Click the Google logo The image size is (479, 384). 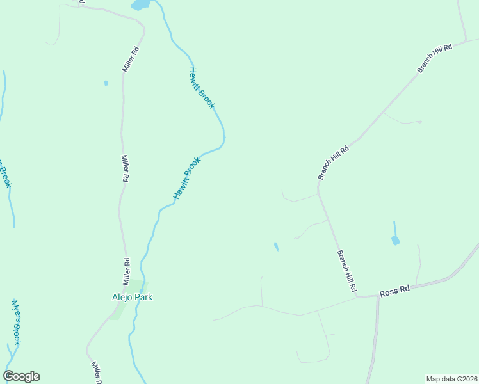point(21,376)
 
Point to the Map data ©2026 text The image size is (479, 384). point(451,379)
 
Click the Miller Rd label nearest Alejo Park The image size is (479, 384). point(127,271)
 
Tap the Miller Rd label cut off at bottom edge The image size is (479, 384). point(97,372)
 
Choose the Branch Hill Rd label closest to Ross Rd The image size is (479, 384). point(346,272)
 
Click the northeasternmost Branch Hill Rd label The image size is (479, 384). point(435,58)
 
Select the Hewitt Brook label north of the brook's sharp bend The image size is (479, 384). point(201,88)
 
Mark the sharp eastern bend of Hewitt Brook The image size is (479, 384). point(223,137)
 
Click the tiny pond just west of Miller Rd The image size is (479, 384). point(106,83)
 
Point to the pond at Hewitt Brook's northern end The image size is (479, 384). point(140,5)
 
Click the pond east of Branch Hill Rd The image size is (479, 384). point(395,241)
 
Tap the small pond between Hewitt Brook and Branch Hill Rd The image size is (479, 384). point(276,246)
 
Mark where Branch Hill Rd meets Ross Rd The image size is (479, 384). point(356,296)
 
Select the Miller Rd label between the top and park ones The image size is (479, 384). point(126,169)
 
